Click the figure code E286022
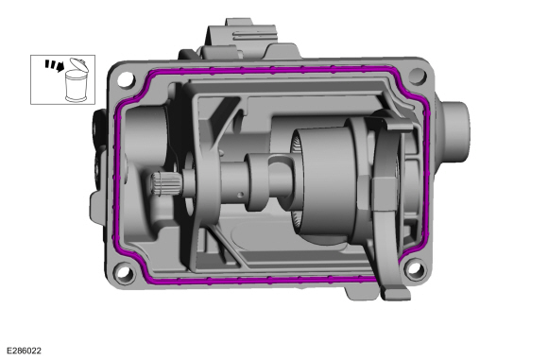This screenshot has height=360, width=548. pos(24,351)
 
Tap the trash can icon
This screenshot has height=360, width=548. pos(77,80)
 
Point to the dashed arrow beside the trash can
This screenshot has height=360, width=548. pos(55,65)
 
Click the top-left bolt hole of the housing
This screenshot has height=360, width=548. pos(126,79)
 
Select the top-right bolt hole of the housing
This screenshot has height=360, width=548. pos(418,76)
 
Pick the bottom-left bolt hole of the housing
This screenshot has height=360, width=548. pos(125,273)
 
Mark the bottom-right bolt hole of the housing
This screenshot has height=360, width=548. pos(415,268)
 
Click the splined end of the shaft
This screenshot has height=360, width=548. pos(166,183)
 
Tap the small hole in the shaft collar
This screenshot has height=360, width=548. pos(240,195)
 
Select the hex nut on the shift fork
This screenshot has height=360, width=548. pos(384,193)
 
